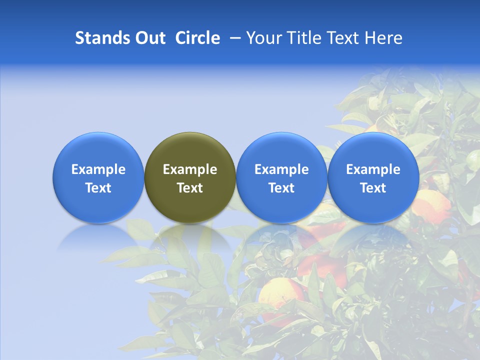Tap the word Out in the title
point(148,38)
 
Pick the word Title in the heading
point(304,38)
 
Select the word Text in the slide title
point(344,38)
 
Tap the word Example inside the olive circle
point(190,169)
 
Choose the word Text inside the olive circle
point(190,188)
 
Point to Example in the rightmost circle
point(373,169)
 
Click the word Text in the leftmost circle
point(98,188)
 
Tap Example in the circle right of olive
point(281,169)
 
